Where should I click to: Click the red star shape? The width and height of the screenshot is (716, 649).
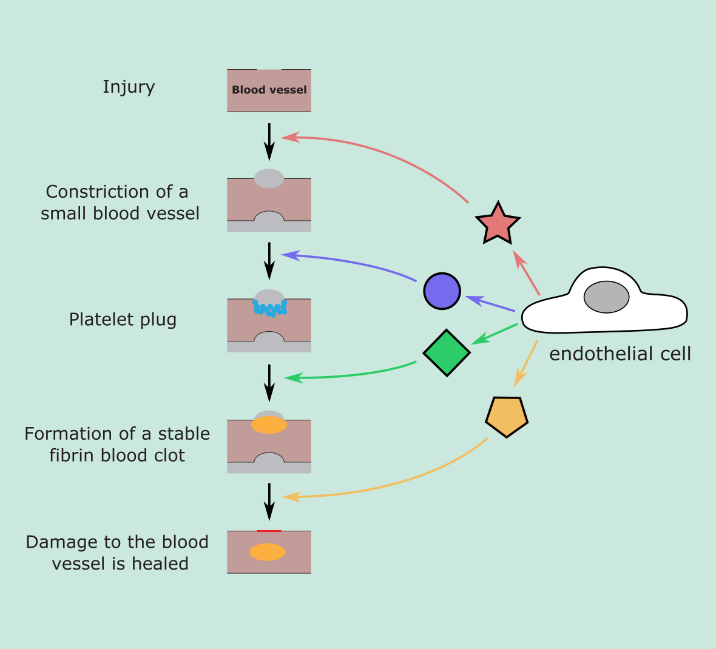pyautogui.click(x=498, y=224)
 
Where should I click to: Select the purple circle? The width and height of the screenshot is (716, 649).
pyautogui.click(x=442, y=291)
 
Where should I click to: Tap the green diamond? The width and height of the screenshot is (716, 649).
pyautogui.click(x=447, y=352)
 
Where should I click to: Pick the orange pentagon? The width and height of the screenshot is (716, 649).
pyautogui.click(x=507, y=416)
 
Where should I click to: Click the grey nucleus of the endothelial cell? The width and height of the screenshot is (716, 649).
pyautogui.click(x=606, y=297)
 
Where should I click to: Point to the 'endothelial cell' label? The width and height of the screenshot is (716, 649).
pyautogui.click(x=620, y=354)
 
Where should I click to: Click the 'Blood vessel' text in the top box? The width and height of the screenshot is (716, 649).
pyautogui.click(x=269, y=90)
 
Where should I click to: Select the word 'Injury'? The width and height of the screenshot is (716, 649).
pyautogui.click(x=129, y=87)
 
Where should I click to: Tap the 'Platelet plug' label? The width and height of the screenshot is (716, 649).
pyautogui.click(x=123, y=320)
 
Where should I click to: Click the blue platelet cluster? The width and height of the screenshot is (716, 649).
pyautogui.click(x=270, y=309)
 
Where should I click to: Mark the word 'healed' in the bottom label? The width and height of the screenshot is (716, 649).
pyautogui.click(x=160, y=564)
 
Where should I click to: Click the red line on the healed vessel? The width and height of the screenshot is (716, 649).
pyautogui.click(x=269, y=531)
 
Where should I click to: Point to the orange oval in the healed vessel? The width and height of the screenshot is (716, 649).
pyautogui.click(x=268, y=552)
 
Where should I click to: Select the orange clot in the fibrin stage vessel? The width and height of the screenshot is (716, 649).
pyautogui.click(x=269, y=425)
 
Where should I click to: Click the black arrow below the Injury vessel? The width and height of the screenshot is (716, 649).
pyautogui.click(x=269, y=142)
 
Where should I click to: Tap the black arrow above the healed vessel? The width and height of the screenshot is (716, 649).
pyautogui.click(x=269, y=502)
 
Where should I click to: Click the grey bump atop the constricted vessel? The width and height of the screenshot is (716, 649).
pyautogui.click(x=269, y=178)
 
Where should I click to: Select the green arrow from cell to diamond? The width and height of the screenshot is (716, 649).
pyautogui.click(x=495, y=334)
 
